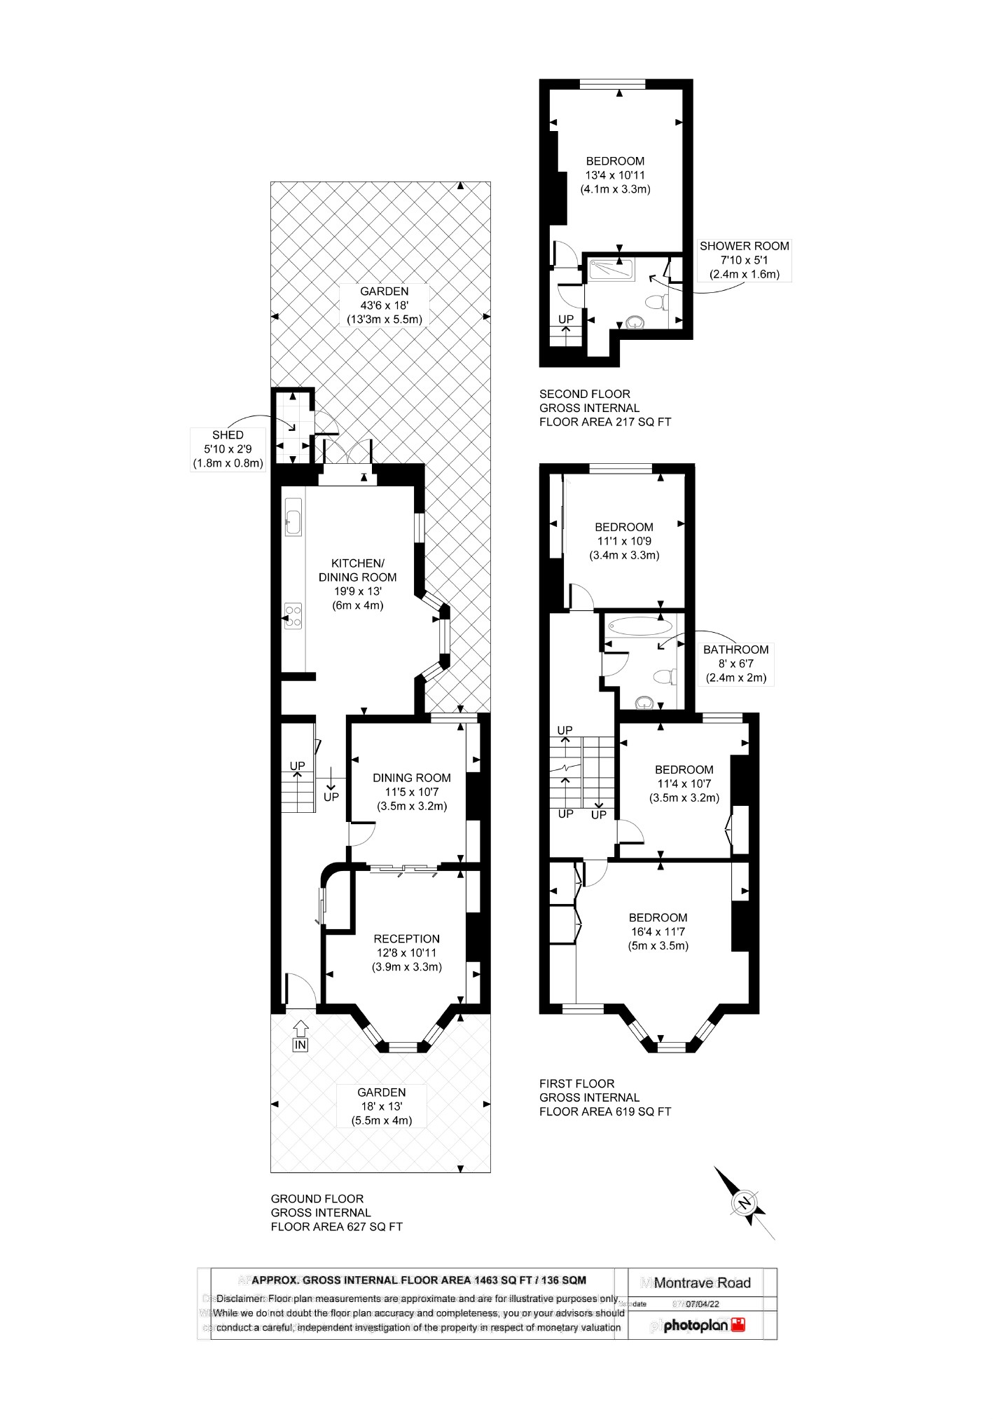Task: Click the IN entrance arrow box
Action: [300, 1045]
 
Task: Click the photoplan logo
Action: [703, 1325]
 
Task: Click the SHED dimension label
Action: [228, 448]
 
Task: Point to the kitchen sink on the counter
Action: [293, 519]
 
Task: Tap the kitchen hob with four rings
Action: [293, 617]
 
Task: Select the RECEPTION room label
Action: [406, 952]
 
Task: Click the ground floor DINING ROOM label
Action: [411, 791]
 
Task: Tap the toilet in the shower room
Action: [656, 302]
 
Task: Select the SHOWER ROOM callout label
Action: [744, 260]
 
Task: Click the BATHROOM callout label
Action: [735, 664]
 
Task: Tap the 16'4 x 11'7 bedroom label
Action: [658, 931]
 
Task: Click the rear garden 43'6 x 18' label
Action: [384, 305]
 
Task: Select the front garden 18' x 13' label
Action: [381, 1106]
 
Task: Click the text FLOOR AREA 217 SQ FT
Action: [604, 422]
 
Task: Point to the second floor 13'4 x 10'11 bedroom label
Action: [615, 175]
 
